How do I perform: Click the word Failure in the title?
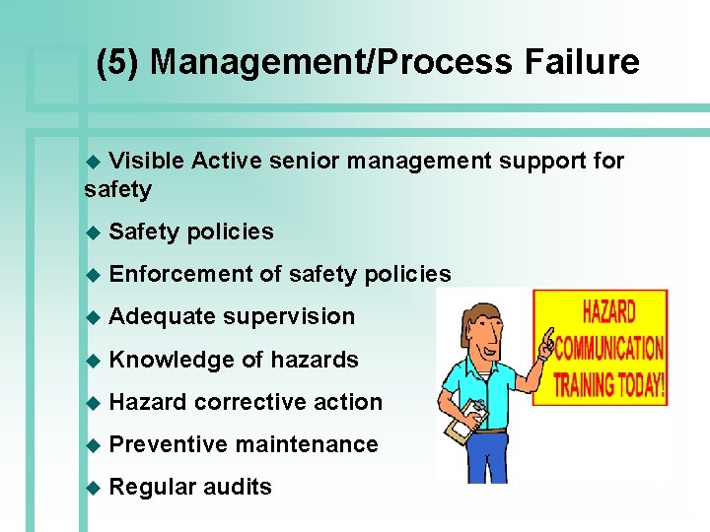582,62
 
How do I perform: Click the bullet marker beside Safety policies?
94,233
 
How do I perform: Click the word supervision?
289,316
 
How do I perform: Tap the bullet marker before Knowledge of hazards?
94,361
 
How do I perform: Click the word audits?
238,487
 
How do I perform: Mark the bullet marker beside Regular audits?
94,488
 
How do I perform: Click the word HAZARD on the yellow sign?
609,314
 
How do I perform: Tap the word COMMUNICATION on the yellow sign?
608,349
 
